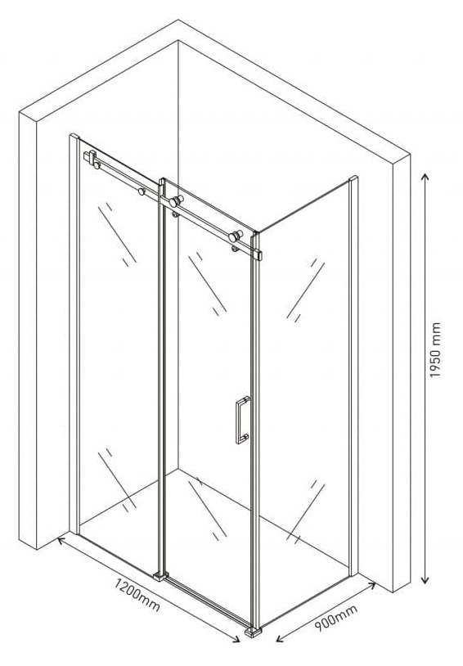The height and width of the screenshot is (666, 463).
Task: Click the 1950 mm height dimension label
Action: coord(435,350)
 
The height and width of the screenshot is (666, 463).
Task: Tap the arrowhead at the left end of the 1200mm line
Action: coord(61,540)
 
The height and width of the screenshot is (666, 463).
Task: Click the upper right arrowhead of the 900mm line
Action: coord(371,586)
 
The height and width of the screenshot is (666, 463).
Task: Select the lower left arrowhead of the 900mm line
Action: coord(280,639)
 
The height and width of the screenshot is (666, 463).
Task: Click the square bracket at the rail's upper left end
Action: coord(90,156)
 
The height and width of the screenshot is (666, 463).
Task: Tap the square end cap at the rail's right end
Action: coord(258,255)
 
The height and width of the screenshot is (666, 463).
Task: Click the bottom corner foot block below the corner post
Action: coord(254,631)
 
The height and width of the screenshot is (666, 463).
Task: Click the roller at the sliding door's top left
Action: coord(176,201)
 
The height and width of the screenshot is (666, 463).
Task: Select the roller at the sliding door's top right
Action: coord(236,236)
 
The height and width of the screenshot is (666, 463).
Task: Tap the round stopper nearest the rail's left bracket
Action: coord(97,164)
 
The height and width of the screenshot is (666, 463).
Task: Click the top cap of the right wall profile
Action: coord(353,178)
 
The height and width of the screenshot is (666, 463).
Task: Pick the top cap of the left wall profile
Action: coord(74,136)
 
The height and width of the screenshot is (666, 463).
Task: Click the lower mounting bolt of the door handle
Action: coord(245,437)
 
